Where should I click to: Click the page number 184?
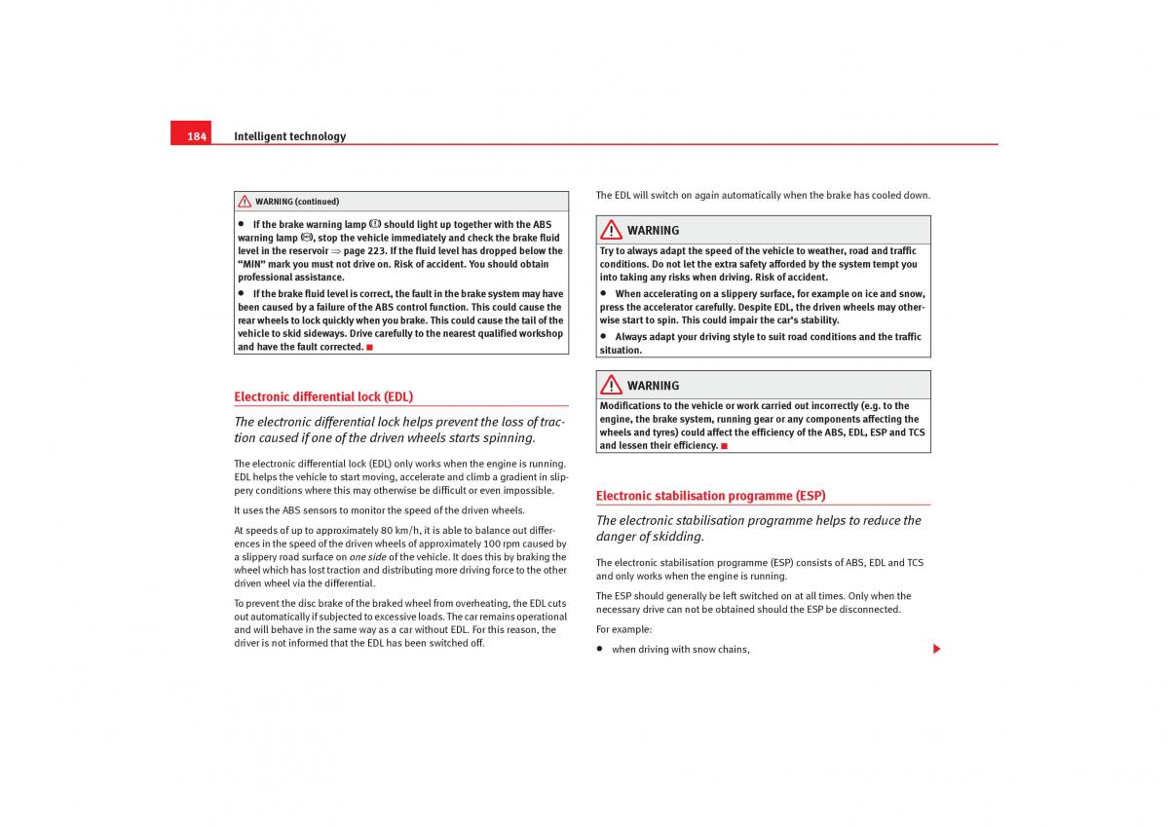click(197, 136)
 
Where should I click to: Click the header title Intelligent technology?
click(289, 136)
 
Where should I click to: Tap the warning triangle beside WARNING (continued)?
click(245, 202)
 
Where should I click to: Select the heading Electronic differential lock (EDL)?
click(323, 396)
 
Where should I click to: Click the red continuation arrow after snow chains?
click(937, 649)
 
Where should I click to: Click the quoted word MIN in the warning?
click(255, 264)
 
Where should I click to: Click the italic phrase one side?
click(367, 557)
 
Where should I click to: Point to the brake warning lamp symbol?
click(375, 224)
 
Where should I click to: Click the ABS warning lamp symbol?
click(307, 238)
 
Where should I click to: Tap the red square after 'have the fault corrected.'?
click(370, 348)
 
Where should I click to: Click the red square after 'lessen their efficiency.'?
click(724, 446)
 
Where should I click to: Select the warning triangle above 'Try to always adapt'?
click(611, 230)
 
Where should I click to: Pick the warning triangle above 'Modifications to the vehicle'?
click(611, 385)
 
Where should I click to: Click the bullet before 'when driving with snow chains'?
click(601, 649)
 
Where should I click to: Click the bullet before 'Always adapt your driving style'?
click(604, 337)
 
